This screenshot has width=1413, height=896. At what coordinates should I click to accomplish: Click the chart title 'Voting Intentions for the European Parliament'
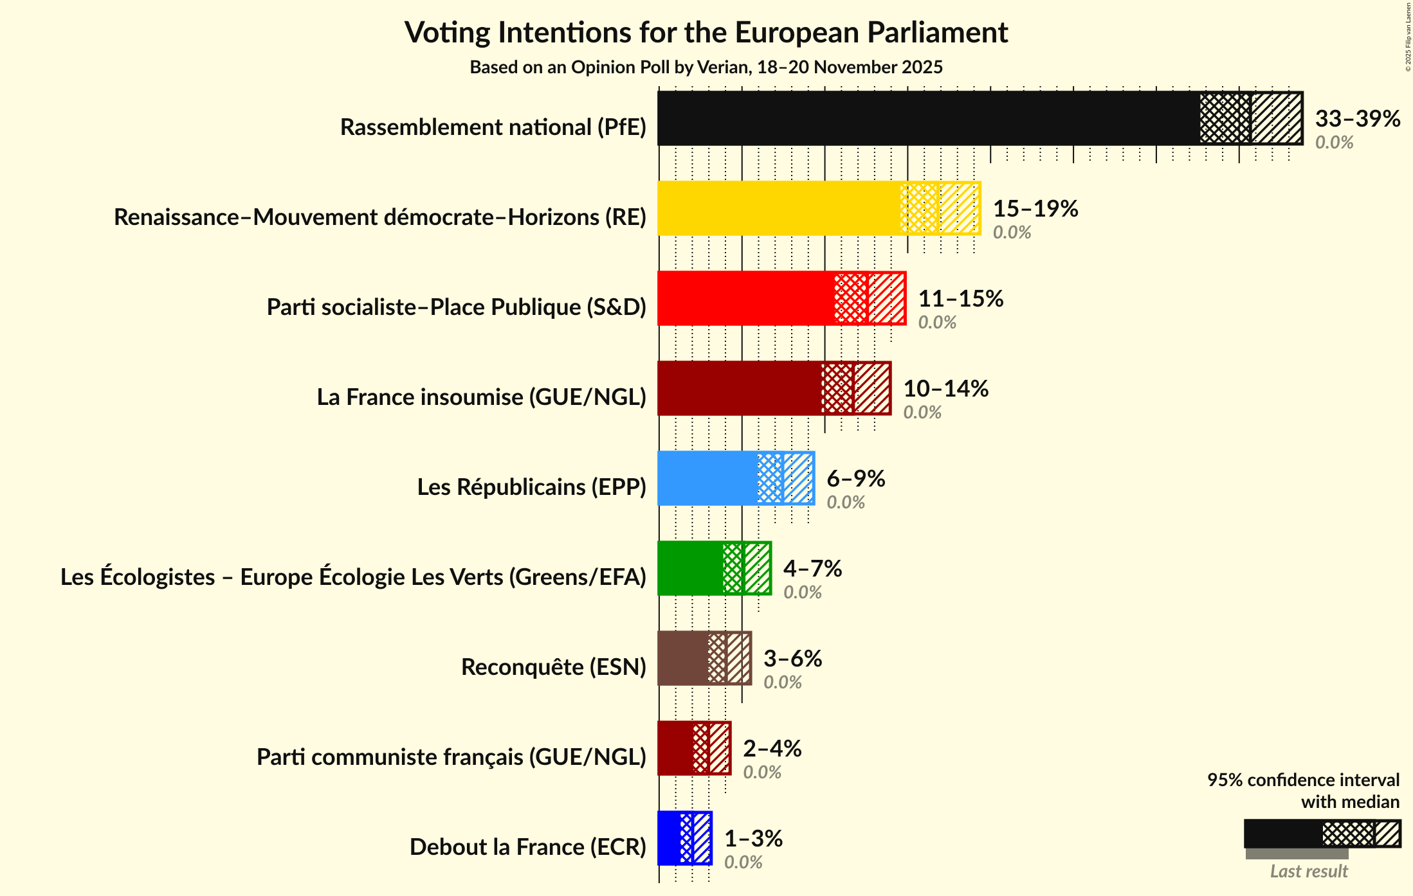click(706, 32)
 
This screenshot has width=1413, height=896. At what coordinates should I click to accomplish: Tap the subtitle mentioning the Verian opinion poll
click(706, 67)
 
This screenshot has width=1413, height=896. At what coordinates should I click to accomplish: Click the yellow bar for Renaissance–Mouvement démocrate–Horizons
click(778, 208)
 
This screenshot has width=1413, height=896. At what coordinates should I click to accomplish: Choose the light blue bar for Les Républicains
click(707, 478)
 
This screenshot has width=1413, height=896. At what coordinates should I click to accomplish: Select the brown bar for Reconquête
click(682, 658)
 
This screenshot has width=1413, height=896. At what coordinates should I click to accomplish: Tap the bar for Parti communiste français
click(675, 748)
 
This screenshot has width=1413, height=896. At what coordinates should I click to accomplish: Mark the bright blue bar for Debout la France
click(669, 838)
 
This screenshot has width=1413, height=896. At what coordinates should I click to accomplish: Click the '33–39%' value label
click(1357, 118)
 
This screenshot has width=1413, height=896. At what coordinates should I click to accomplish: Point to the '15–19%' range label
click(1035, 208)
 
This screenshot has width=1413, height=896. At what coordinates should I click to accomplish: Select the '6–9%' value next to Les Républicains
click(855, 478)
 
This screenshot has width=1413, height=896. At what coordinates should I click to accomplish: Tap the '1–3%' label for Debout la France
click(753, 838)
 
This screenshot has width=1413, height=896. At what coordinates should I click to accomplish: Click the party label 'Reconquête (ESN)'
click(553, 667)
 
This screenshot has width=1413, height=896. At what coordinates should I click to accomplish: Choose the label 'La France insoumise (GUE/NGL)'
click(481, 397)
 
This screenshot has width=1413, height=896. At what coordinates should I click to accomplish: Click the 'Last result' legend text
click(1308, 872)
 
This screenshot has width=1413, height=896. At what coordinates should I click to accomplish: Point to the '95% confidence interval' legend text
click(1302, 780)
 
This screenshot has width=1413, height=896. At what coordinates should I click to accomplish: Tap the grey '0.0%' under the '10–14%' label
click(922, 413)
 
